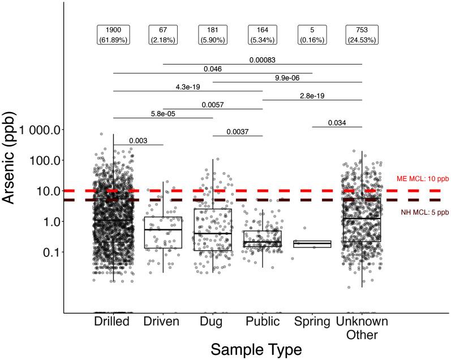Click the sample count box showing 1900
click(113, 35)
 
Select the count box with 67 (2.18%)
click(163, 35)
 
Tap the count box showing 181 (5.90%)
click(213, 35)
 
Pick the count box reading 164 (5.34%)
click(263, 35)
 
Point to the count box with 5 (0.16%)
click(312, 35)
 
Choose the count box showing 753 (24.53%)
click(362, 35)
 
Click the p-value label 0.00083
click(263, 59)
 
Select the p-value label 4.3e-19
click(188, 87)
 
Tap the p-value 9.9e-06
click(287, 78)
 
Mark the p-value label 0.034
click(337, 123)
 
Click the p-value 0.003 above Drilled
click(138, 140)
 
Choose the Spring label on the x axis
click(312, 322)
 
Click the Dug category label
click(213, 322)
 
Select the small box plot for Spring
click(312, 244)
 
